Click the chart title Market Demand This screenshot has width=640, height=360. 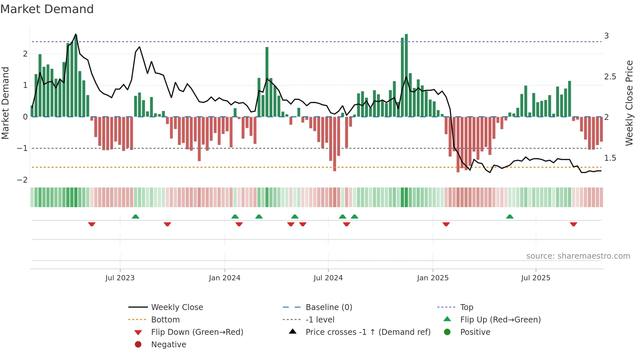click(47, 9)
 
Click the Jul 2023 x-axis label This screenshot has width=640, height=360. click(120, 278)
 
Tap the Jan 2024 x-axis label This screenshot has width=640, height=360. click(225, 278)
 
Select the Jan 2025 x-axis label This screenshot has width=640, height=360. click(433, 278)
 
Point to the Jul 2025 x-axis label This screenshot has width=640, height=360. click(536, 278)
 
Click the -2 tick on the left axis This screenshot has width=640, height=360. click(22, 180)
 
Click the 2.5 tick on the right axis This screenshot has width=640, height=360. click(610, 77)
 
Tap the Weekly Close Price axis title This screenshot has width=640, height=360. click(629, 103)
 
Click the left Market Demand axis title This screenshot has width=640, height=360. click(5, 103)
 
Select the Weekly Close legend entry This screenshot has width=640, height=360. click(177, 307)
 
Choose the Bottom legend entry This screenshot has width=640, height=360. click(165, 320)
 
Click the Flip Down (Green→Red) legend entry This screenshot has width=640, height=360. click(197, 332)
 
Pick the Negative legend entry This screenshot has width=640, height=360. click(168, 345)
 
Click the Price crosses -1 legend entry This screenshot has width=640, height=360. click(368, 332)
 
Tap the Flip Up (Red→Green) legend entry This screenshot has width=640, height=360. click(500, 320)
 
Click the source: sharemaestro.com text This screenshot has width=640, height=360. click(578, 256)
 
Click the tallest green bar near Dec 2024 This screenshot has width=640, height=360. click(406, 75)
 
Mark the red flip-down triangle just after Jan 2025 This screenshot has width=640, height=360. click(446, 224)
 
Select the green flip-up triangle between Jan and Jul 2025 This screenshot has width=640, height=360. click(510, 217)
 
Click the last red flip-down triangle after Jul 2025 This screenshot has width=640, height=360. click(573, 224)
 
